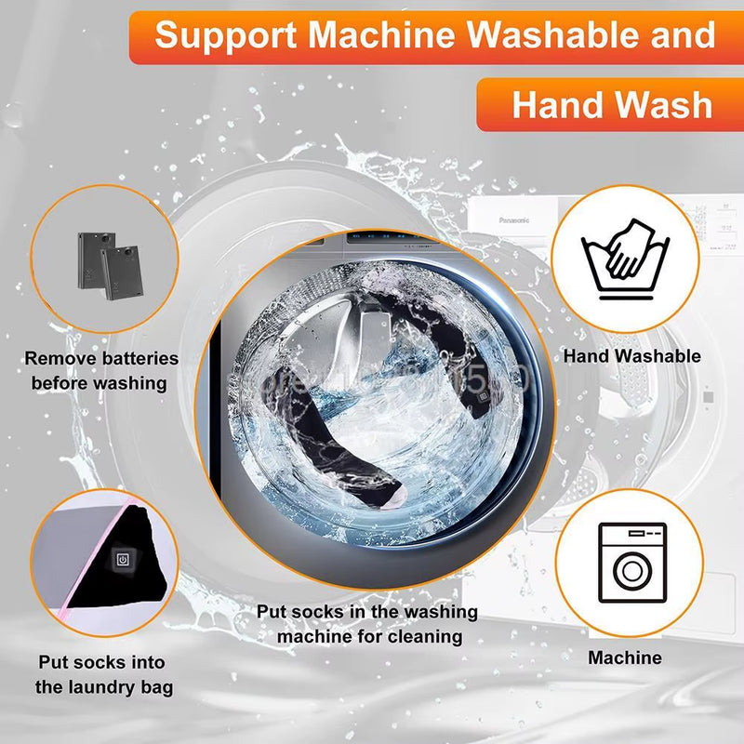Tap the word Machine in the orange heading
pyautogui.click(x=381, y=36)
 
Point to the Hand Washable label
pyautogui.click(x=631, y=356)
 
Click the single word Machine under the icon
pyautogui.click(x=625, y=658)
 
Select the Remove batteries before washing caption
pyautogui.click(x=100, y=370)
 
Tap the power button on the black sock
pyautogui.click(x=121, y=560)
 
